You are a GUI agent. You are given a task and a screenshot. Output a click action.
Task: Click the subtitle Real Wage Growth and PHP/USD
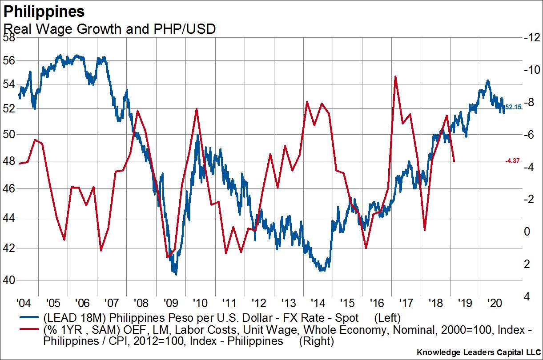click(x=109, y=29)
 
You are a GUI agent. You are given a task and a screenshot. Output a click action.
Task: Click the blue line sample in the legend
click(x=29, y=319)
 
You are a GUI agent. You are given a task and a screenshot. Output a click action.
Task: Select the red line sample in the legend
click(x=29, y=330)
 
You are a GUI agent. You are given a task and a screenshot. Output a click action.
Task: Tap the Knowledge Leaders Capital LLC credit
click(x=479, y=352)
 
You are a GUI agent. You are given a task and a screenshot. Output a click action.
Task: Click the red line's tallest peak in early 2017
click(x=395, y=76)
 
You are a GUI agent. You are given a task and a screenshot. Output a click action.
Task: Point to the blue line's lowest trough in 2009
click(x=176, y=274)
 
